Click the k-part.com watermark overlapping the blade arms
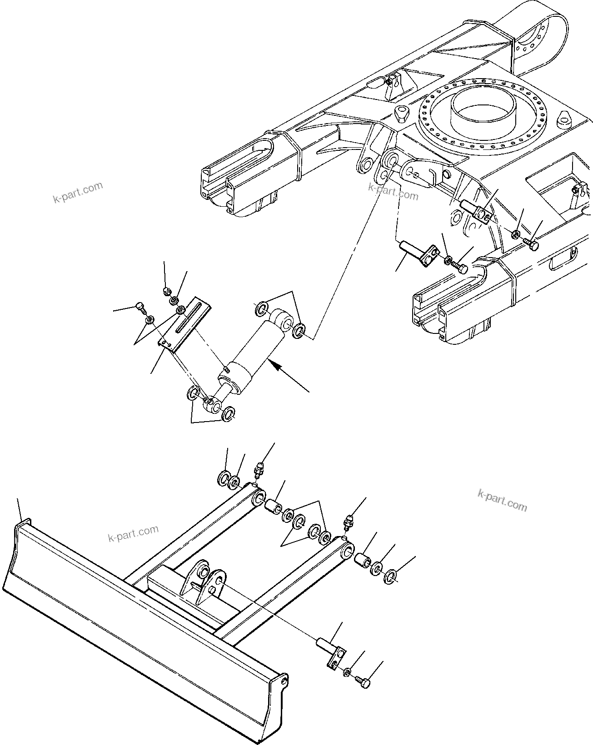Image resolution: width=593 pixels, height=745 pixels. pyautogui.click(x=134, y=534)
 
